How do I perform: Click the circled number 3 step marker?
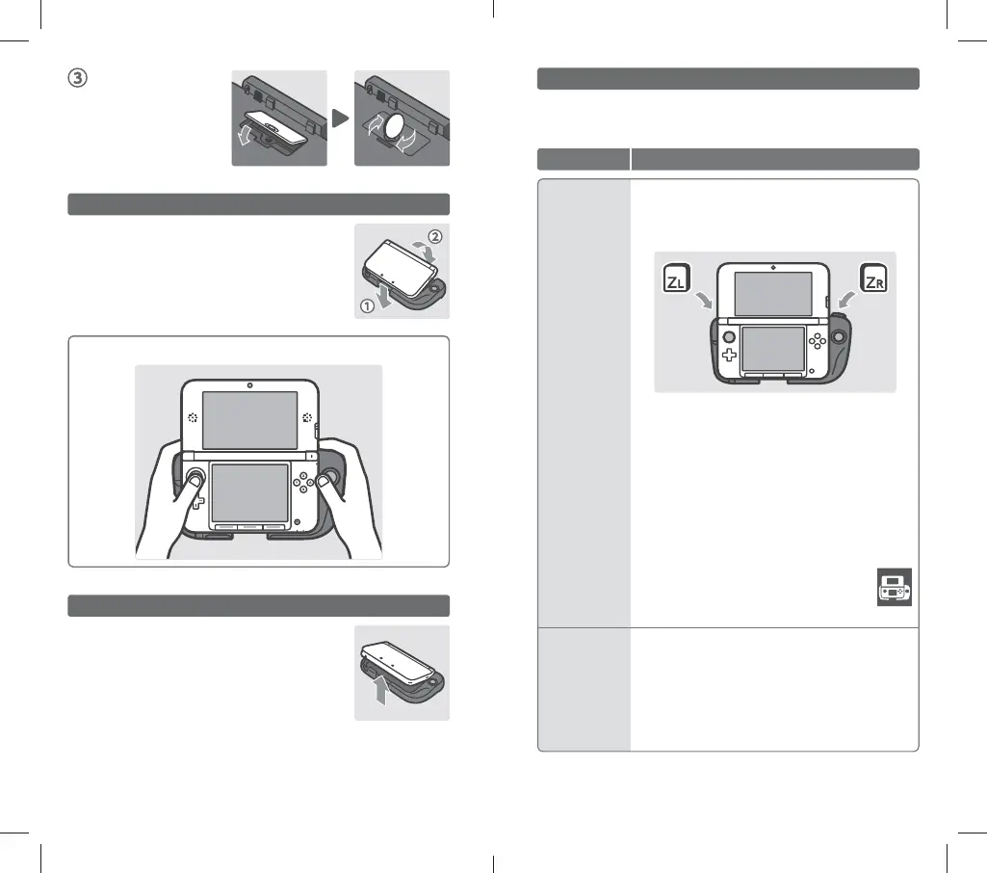pos(77,78)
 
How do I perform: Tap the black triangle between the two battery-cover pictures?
pos(340,118)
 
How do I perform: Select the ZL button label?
pos(677,278)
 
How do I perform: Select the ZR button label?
pos(873,278)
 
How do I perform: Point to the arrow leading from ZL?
pos(704,300)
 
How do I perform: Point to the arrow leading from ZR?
pos(847,299)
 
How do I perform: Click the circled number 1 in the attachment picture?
pos(367,306)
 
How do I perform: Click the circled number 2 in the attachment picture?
pos(435,237)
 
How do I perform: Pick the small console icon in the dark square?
pos(895,587)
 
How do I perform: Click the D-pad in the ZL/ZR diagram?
pos(729,356)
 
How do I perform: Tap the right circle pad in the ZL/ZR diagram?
pos(839,336)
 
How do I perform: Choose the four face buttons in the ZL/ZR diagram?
pos(818,341)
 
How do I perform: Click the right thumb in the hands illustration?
pos(328,487)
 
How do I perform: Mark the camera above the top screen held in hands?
pos(250,385)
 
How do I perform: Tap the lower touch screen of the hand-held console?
pos(250,492)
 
